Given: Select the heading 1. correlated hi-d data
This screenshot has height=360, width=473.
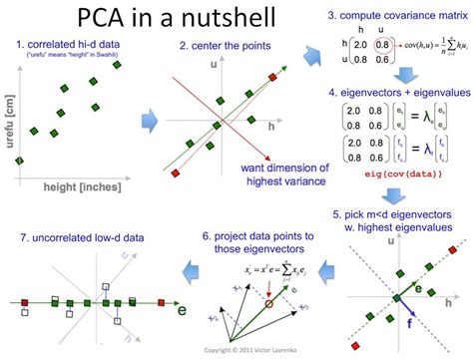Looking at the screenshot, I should point(68,44).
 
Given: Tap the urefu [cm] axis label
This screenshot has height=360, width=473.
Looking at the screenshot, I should point(8,130).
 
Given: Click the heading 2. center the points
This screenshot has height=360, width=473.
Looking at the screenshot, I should point(225,45).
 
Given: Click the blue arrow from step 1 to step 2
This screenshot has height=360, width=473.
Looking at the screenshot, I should point(148,123).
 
